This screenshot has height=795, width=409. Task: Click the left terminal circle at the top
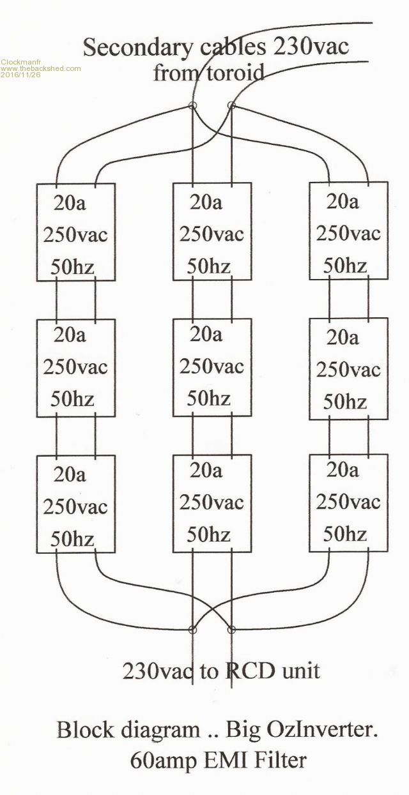click(191, 106)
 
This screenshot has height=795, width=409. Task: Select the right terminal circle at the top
click(231, 106)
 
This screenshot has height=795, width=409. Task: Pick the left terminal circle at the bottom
click(192, 630)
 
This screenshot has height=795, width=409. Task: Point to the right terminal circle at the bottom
click(231, 630)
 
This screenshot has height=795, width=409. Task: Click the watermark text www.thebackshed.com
click(41, 68)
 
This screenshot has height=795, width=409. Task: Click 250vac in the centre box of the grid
click(212, 367)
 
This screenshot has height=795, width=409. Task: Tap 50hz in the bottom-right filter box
click(344, 533)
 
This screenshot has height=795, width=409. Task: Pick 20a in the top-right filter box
click(343, 201)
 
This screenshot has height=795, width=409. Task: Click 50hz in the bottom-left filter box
click(72, 540)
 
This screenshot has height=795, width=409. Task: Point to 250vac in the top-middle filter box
click(212, 234)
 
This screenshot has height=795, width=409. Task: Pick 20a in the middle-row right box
click(343, 338)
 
